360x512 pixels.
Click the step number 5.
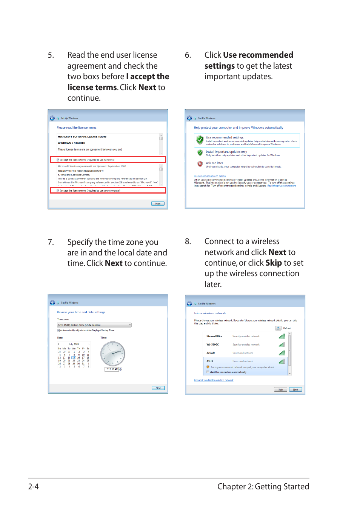[x=51, y=55]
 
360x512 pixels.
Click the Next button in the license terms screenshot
[x=158, y=204]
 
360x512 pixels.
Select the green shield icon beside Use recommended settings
[x=200, y=140]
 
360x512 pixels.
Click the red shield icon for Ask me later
[x=200, y=164]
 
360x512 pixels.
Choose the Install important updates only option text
[x=226, y=152]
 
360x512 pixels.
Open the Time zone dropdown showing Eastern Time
[x=94, y=325]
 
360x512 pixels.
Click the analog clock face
[x=112, y=354]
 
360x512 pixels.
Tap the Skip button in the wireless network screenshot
[x=280, y=389]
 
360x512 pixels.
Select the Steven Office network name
[x=214, y=336]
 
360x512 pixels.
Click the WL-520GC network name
[x=212, y=344]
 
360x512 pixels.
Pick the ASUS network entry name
[x=209, y=361]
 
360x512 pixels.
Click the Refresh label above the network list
[x=287, y=328]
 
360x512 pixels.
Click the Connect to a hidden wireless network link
[x=214, y=380]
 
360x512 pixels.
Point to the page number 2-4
[x=33, y=487]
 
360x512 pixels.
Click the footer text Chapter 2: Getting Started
[x=263, y=487]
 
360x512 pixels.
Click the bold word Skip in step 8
[x=274, y=263]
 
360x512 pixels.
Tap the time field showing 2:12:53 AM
[x=112, y=369]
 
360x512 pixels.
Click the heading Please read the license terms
[x=77, y=128]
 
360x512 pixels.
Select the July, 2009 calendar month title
[x=74, y=344]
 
